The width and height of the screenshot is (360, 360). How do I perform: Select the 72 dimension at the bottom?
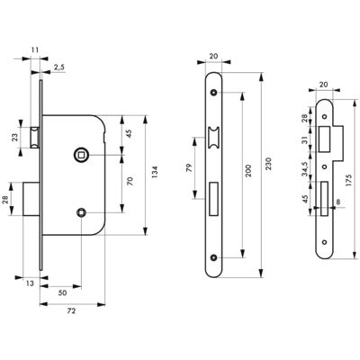[71, 311]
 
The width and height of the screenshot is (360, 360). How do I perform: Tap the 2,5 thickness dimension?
[59, 67]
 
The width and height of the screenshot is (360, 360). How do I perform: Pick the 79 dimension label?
[189, 168]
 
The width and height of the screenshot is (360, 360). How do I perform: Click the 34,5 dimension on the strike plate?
[305, 168]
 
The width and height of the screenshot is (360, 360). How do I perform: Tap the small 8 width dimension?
[338, 202]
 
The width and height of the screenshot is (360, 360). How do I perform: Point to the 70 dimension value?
[130, 181]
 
